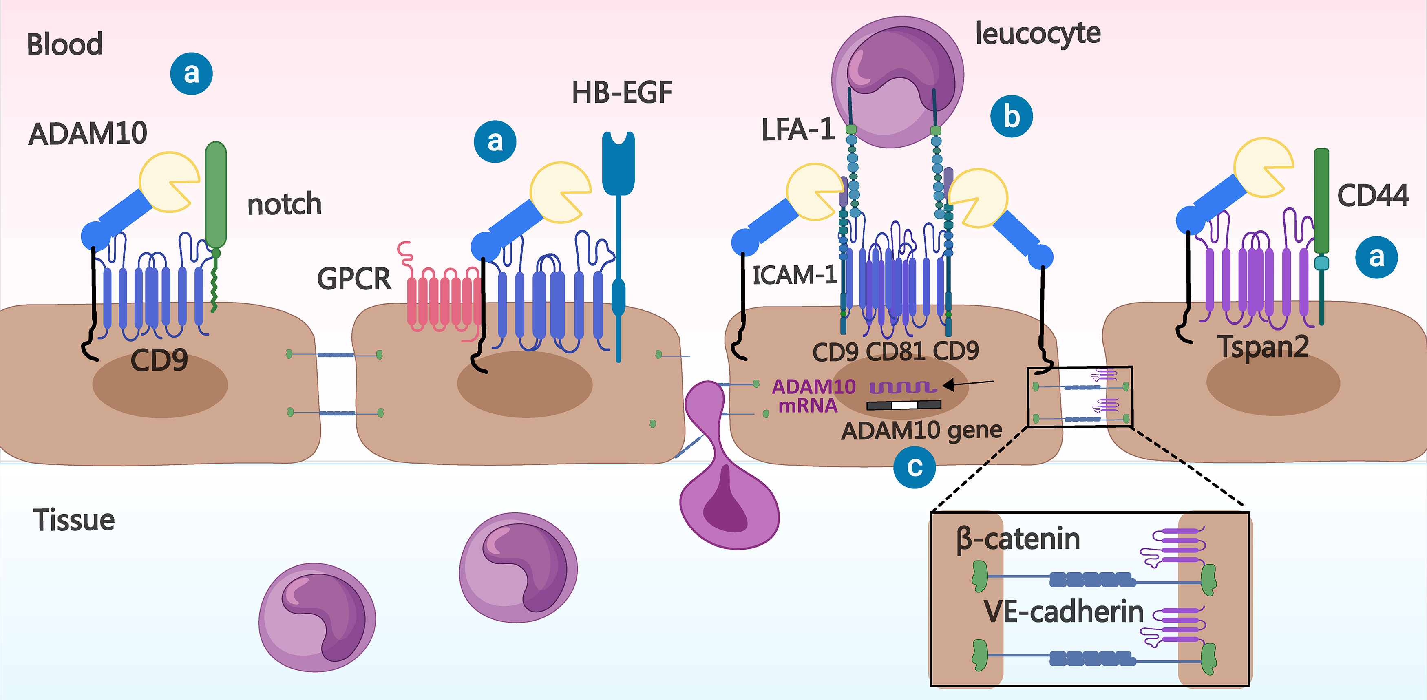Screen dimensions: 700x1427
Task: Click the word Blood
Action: tap(65, 44)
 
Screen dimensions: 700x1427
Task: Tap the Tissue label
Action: tap(74, 520)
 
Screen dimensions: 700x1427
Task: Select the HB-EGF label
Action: tap(621, 93)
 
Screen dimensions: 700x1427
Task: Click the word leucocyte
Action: tap(1038, 34)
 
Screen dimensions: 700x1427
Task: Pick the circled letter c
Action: tap(915, 467)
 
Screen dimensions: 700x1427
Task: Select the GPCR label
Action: tap(354, 278)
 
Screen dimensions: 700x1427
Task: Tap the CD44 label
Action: tap(1373, 196)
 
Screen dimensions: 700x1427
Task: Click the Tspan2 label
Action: tap(1263, 347)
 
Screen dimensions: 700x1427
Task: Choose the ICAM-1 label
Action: tap(794, 275)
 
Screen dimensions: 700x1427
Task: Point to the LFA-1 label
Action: tap(798, 130)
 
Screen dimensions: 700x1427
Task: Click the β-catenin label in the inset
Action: tap(1018, 539)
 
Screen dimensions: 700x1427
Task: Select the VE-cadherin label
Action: tap(1064, 612)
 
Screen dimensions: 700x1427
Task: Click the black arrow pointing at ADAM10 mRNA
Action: tap(968, 383)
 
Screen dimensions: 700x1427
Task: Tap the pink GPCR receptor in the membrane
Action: tap(443, 299)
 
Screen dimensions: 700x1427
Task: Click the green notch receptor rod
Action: tap(216, 194)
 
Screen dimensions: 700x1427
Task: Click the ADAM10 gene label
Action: tap(921, 430)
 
